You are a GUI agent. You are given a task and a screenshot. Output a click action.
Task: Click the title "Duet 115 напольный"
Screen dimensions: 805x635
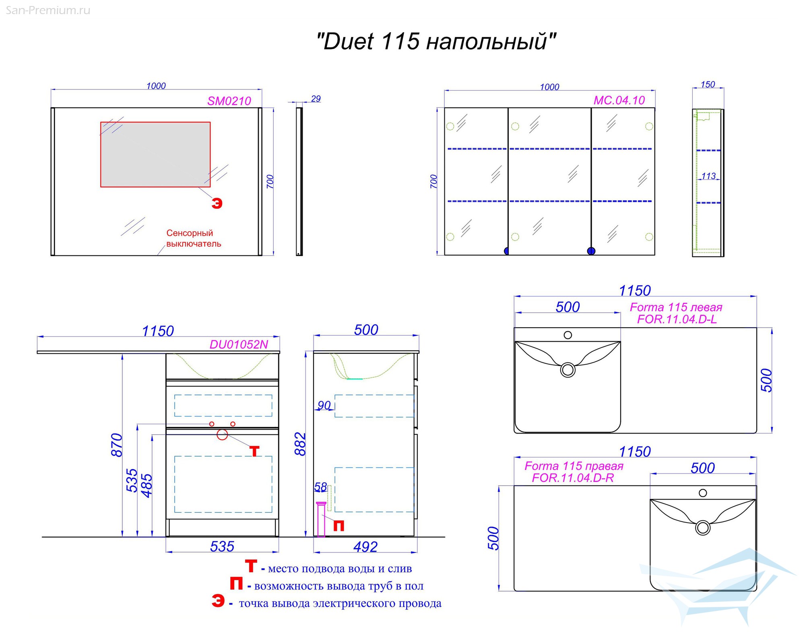[x=436, y=42]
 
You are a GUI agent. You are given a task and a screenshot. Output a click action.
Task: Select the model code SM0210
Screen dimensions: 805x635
[x=229, y=101]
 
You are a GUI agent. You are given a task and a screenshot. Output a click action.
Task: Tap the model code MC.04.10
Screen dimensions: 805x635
[x=619, y=100]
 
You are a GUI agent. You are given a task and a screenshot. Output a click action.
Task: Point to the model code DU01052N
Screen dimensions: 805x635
[x=239, y=344]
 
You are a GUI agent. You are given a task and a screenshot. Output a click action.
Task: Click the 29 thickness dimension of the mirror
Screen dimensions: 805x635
[x=316, y=99]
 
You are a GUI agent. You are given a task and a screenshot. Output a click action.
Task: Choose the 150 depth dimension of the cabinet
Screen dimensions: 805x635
[x=708, y=85]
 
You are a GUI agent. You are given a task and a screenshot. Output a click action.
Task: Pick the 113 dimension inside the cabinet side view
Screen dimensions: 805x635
[x=708, y=176]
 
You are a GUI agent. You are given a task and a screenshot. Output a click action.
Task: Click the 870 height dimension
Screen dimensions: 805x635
[x=116, y=445]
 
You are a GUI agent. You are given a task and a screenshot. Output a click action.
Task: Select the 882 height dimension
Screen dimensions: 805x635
[x=300, y=444]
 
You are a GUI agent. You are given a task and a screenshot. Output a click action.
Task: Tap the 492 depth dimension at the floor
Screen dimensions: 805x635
[x=365, y=547]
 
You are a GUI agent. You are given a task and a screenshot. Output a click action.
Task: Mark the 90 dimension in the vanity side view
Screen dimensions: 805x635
[x=324, y=405]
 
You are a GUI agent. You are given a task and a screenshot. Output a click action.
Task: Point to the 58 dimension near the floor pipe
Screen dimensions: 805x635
[x=320, y=487]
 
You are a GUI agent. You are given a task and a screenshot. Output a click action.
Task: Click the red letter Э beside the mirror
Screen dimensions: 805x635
[x=217, y=203]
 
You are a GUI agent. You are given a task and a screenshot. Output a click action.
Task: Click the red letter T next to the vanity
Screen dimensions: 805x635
[x=254, y=451]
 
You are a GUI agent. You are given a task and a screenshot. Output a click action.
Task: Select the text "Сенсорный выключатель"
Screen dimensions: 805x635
[x=194, y=238]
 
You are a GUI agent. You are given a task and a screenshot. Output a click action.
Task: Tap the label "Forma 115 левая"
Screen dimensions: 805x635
[x=676, y=307]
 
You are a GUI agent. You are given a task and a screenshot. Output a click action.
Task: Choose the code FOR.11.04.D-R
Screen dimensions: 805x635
[x=573, y=478]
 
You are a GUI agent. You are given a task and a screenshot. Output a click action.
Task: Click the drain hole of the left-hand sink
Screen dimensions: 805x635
[x=568, y=370]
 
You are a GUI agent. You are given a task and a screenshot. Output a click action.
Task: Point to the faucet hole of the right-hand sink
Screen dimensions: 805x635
[x=703, y=493]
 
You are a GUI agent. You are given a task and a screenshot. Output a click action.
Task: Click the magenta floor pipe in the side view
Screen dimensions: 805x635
[x=321, y=520]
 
